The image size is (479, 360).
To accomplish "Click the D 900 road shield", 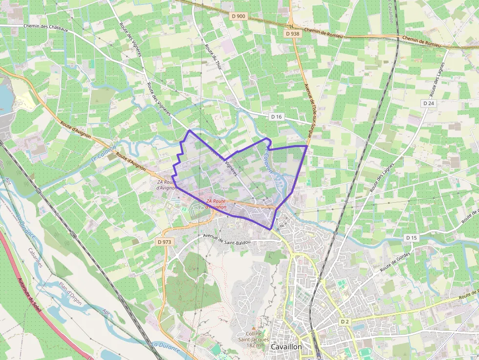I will pos(239,16).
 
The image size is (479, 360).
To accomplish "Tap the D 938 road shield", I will pos(292,34).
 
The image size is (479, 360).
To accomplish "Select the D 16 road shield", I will pos(277,117).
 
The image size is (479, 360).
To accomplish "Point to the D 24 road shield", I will pos(429,104).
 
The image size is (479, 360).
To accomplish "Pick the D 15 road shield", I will pos(412,238).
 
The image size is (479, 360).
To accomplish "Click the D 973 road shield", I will pos(165,242).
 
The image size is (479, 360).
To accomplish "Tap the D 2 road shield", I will pos(345,321).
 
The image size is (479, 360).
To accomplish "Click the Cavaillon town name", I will pos(286,347).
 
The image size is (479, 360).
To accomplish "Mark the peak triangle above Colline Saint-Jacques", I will pos(253,328).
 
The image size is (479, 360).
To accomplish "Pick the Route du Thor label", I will pos(214,57).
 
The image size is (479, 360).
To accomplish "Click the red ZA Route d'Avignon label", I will pos(216,204).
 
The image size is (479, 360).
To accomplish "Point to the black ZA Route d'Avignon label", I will pos(166,185).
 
